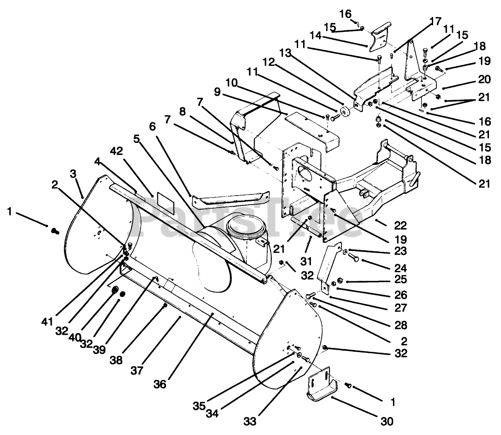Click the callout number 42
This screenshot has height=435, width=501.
pos(116,151)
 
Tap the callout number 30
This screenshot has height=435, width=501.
pos(387,421)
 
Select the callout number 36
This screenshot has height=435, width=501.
pos(160,384)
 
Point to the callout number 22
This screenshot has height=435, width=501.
pos(400,225)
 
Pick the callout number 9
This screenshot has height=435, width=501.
pos(217,92)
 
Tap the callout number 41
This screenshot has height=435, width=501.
pos(47,321)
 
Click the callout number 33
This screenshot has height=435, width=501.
pos(250,421)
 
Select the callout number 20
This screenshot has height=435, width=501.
pos(484,80)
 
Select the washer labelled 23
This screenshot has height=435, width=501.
pos(345,251)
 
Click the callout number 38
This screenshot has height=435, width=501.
pos(116,360)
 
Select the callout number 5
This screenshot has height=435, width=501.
pos(136,139)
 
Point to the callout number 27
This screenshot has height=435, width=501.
pos(401,308)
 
